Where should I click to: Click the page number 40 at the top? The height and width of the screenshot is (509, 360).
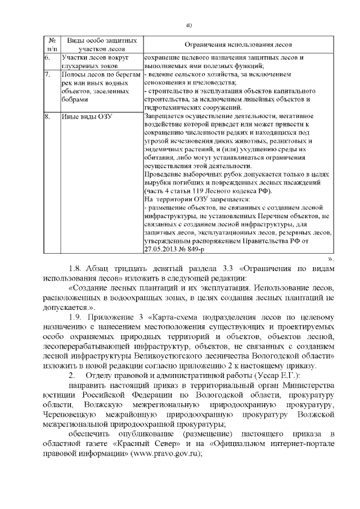189,25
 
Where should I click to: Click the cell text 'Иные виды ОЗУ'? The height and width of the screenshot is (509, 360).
87,116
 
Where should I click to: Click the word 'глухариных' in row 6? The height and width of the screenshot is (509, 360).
82,66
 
